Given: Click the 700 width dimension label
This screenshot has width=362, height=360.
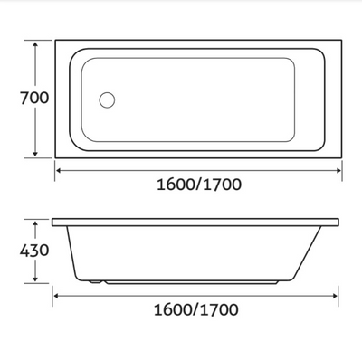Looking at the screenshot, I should click(18, 98).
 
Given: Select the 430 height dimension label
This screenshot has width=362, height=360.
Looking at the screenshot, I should click(18, 250).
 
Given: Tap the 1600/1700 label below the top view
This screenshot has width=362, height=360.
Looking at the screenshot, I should click(199, 185).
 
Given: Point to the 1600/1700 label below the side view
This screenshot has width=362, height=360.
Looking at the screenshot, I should click(196, 309).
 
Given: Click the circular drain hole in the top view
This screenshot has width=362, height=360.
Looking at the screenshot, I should click(107, 100).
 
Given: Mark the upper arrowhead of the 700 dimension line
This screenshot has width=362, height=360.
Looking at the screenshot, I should click(36, 43).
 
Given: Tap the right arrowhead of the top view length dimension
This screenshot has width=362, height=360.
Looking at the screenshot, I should click(339, 169).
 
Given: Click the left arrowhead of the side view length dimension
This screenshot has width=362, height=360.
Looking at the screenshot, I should click(56, 294).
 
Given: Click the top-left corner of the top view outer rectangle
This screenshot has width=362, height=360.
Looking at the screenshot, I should click(56, 40).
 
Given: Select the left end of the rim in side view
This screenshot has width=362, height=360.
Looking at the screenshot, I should click(53, 223).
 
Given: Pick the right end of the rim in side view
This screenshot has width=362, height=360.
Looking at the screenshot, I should click(339, 223).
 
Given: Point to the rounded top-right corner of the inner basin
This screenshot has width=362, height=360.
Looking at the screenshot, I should click(316, 54).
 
